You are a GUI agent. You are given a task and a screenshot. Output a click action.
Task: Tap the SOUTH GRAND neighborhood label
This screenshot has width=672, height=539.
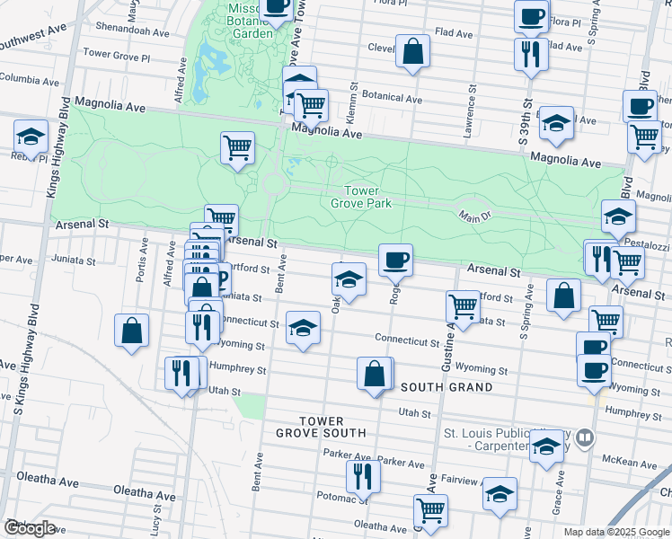(x=447, y=387)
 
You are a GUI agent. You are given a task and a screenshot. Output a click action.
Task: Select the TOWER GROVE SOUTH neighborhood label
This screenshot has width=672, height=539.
(x=321, y=427)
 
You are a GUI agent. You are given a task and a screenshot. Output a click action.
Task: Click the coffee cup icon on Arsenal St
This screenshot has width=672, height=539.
(x=395, y=261)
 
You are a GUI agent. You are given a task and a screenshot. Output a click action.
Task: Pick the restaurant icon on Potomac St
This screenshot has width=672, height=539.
(x=363, y=475)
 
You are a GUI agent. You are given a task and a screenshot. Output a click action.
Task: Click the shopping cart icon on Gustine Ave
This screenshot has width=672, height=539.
(x=463, y=305)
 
